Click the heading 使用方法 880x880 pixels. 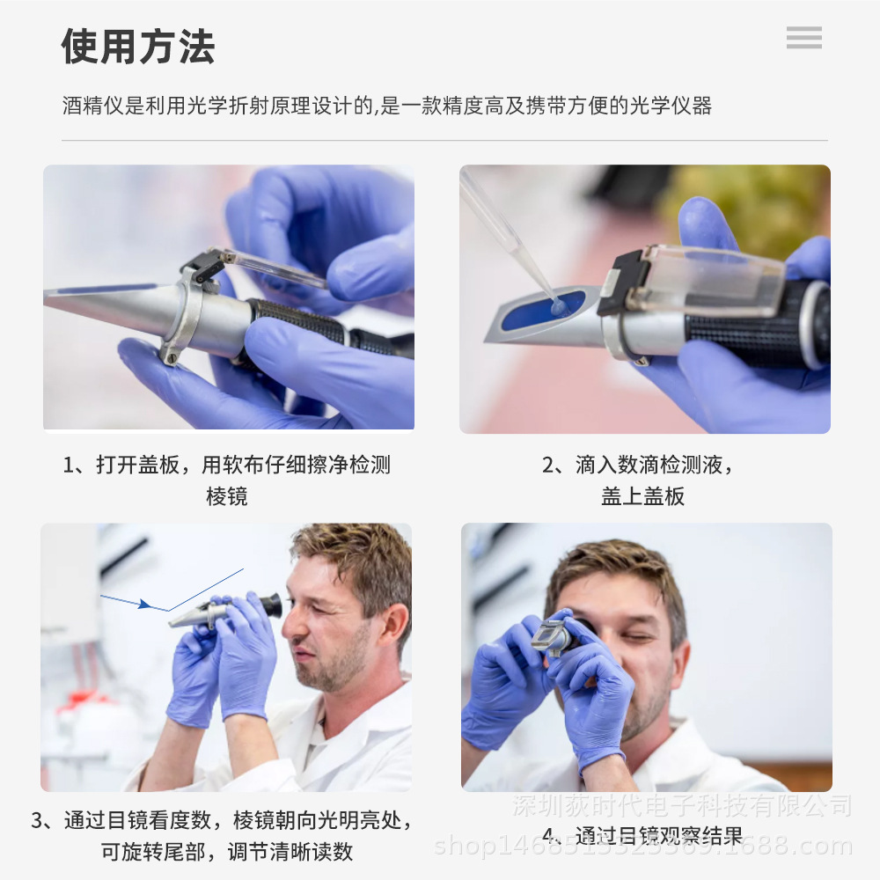pyautogui.click(x=138, y=47)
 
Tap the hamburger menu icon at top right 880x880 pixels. pyautogui.click(x=803, y=38)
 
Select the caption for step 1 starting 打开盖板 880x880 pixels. pyautogui.click(x=226, y=465)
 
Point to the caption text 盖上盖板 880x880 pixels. pyautogui.click(x=642, y=496)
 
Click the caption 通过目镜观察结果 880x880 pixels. pyautogui.click(x=656, y=835)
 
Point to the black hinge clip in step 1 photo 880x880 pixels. pyautogui.click(x=202, y=265)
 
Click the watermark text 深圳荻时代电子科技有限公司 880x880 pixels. pyautogui.click(x=682, y=804)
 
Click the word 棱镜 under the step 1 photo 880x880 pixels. pyautogui.click(x=226, y=496)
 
